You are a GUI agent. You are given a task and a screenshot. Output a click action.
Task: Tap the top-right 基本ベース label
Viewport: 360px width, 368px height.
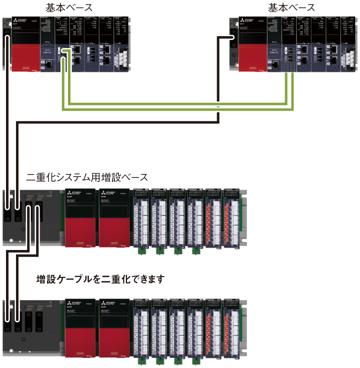pyautogui.click(x=291, y=7)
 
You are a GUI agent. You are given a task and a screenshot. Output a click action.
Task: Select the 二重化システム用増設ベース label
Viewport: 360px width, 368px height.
pyautogui.click(x=87, y=176)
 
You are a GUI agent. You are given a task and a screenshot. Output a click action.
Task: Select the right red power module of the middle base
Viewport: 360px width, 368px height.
pyautogui.click(x=114, y=230)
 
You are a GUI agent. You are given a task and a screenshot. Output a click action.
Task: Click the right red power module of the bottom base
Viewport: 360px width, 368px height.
pyautogui.click(x=114, y=340)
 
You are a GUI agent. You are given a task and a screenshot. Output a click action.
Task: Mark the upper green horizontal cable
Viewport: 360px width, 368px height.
pyautogui.click(x=175, y=103)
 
